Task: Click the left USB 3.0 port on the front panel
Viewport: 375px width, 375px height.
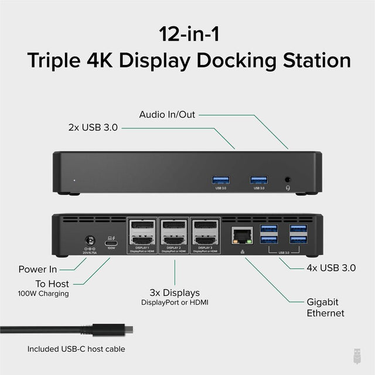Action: pyautogui.click(x=221, y=179)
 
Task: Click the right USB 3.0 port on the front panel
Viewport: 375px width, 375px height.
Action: pyautogui.click(x=258, y=179)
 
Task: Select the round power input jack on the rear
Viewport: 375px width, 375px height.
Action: pyautogui.click(x=91, y=240)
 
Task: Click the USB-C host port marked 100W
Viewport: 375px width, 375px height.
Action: pyautogui.click(x=111, y=240)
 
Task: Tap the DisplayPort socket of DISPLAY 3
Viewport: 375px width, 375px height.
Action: pyautogui.click(x=205, y=226)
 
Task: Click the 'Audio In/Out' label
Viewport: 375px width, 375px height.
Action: pyautogui.click(x=166, y=115)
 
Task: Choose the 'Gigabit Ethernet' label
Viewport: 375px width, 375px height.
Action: pyautogui.click(x=326, y=308)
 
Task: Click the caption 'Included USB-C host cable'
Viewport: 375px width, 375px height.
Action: pyautogui.click(x=76, y=349)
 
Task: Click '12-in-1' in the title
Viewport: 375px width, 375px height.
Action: pyautogui.click(x=187, y=33)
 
